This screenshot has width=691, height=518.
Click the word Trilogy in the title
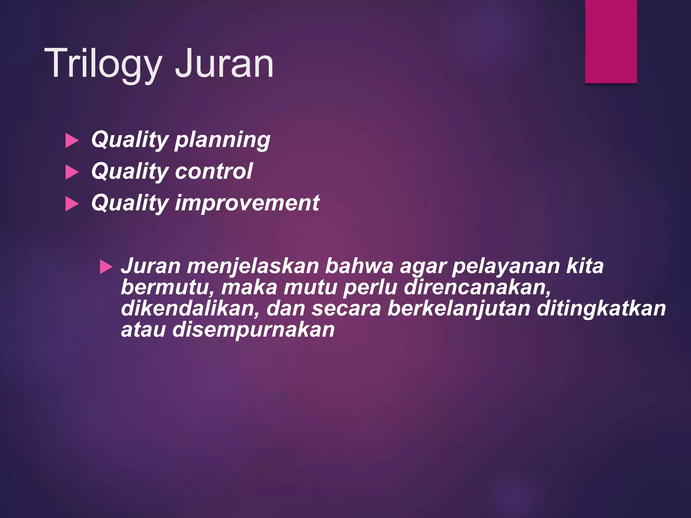[103, 64]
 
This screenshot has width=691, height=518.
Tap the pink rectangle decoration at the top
[611, 41]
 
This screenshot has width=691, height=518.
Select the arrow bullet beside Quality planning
[72, 140]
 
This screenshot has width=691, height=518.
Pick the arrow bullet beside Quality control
[72, 172]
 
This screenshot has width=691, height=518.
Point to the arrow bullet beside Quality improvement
[72, 204]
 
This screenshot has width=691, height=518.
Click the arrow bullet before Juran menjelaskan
[106, 267]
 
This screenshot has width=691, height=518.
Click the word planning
[222, 140]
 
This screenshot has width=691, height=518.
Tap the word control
[214, 171]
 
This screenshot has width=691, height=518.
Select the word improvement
[247, 203]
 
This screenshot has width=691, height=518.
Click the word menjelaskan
[253, 266]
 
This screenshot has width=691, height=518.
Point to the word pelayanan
[505, 266]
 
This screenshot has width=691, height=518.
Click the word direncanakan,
[477, 287]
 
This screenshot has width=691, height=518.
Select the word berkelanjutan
[459, 309]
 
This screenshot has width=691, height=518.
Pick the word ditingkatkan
[601, 309]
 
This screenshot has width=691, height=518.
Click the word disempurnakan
[253, 330]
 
